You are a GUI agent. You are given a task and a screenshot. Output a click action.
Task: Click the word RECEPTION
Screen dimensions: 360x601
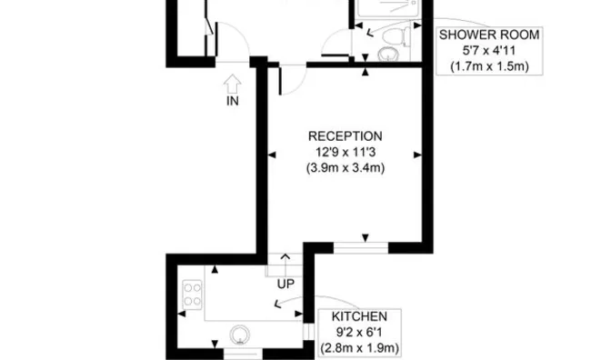(346, 136)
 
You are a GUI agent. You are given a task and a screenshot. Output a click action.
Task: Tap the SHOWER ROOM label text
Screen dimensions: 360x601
(489, 35)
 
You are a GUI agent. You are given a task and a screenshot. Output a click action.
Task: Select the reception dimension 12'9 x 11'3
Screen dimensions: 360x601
(346, 152)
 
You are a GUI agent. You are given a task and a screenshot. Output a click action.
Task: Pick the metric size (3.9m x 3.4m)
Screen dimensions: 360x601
(346, 167)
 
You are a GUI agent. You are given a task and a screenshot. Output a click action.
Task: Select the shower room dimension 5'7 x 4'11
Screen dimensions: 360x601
(489, 51)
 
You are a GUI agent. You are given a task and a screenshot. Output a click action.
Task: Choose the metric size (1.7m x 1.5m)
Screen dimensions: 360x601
(489, 66)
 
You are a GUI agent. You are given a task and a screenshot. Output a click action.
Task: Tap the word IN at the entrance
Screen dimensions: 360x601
(232, 101)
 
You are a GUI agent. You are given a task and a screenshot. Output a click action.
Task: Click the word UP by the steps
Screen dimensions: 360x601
(286, 284)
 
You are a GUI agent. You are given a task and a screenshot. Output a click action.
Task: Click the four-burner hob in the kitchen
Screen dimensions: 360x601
(193, 293)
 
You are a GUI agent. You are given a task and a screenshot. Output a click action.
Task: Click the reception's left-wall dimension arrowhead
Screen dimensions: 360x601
(271, 154)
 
